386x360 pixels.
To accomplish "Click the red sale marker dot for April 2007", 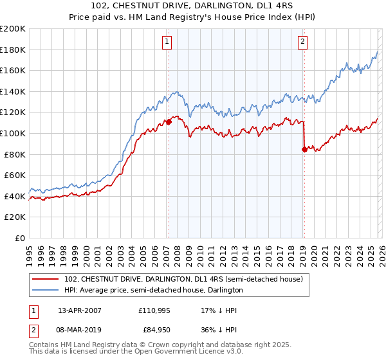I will tap(169, 121).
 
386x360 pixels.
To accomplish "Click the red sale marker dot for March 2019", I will tap(304, 148).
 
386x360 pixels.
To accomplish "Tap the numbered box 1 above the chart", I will tap(167, 42).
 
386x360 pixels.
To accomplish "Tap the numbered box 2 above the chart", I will tap(302, 42).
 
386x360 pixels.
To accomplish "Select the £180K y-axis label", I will tap(13, 50).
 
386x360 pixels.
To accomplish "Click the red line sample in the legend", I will tap(46, 279).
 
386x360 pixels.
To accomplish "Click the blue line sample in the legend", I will tap(46, 290).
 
